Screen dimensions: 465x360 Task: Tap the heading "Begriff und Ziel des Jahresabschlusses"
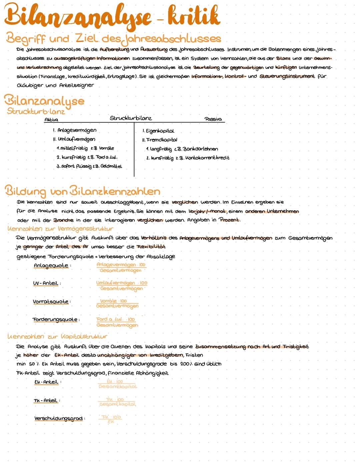click(x=113, y=39)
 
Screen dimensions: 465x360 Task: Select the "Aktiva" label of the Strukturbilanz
click(x=51, y=120)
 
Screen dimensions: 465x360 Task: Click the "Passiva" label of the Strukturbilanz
click(x=213, y=119)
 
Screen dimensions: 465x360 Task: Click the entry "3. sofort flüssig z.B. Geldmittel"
click(x=89, y=166)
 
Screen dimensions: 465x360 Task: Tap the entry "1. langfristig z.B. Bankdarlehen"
click(x=182, y=149)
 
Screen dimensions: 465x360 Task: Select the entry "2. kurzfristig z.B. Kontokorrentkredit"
click(x=188, y=158)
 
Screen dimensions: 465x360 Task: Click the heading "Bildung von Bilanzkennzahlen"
click(x=82, y=191)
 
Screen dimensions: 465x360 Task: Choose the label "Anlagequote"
click(x=51, y=266)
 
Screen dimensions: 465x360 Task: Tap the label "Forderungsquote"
click(x=55, y=320)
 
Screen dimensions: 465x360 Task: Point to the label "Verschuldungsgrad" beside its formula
click(x=58, y=418)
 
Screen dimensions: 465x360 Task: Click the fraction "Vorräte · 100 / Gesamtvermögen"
click(x=117, y=303)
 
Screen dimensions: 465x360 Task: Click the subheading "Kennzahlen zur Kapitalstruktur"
click(x=57, y=337)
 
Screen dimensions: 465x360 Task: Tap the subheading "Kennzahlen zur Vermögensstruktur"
click(x=60, y=229)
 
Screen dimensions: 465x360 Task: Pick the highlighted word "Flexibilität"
click(x=151, y=247)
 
